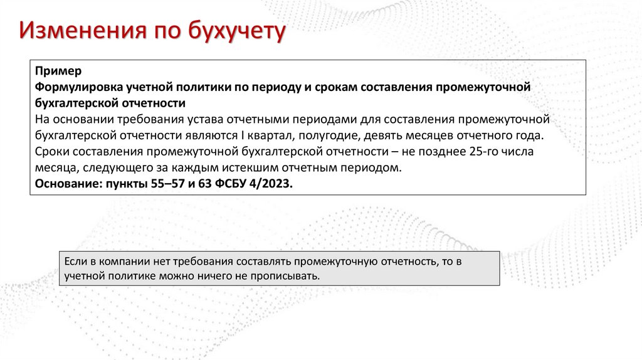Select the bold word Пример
point(55,71)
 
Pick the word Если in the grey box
point(75,261)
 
